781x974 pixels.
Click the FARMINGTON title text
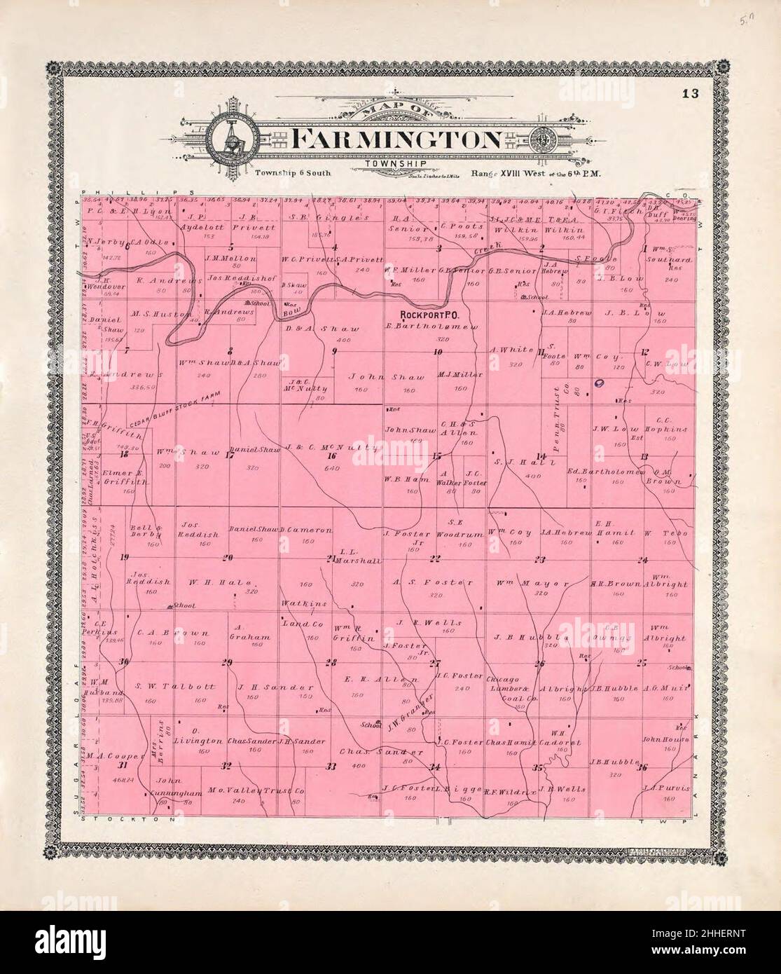[395, 139]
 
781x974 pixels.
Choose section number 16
[331, 455]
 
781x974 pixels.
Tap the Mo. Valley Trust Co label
[256, 790]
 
